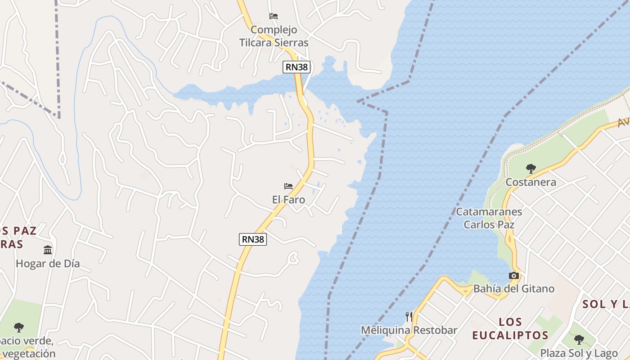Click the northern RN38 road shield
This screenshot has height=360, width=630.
click(x=297, y=67)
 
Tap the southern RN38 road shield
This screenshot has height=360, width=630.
click(x=253, y=239)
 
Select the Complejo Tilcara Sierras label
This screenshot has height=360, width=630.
click(x=274, y=36)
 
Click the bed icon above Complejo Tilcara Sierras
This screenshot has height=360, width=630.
click(x=274, y=16)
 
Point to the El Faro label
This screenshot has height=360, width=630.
click(x=288, y=199)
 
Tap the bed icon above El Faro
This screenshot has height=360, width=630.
click(x=288, y=186)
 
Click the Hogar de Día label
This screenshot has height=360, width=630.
click(x=48, y=263)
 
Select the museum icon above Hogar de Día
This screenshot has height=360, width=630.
click(x=48, y=250)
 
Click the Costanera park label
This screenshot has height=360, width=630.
click(x=531, y=182)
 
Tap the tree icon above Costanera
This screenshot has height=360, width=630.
click(x=531, y=169)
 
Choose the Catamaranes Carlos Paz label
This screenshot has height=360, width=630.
click(x=489, y=218)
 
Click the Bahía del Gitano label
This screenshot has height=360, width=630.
click(x=514, y=288)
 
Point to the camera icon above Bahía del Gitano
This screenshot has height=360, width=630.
click(x=514, y=275)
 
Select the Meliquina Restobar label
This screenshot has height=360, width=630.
click(x=409, y=330)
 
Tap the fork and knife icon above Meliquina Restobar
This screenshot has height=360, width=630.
click(x=409, y=317)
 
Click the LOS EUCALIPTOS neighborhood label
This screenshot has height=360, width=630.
click(x=510, y=328)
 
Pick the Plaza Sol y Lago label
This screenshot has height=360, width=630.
click(x=579, y=353)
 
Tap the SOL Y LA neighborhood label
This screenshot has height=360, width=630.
click(x=606, y=304)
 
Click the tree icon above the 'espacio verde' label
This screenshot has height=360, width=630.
click(x=18, y=327)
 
